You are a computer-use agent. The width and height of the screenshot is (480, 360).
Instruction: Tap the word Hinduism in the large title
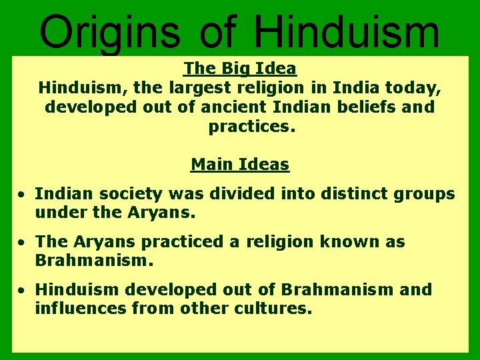[347, 32]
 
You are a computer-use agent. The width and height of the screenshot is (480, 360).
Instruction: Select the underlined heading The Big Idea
[240, 68]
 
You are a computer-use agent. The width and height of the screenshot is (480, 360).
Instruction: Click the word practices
[251, 126]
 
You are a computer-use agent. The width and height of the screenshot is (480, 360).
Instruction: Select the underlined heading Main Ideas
[240, 164]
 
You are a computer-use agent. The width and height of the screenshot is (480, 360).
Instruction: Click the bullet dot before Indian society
[22, 195]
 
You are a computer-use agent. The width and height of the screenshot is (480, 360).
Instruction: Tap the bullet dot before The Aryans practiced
[22, 243]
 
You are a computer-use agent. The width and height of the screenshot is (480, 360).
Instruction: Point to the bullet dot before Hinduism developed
[22, 291]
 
